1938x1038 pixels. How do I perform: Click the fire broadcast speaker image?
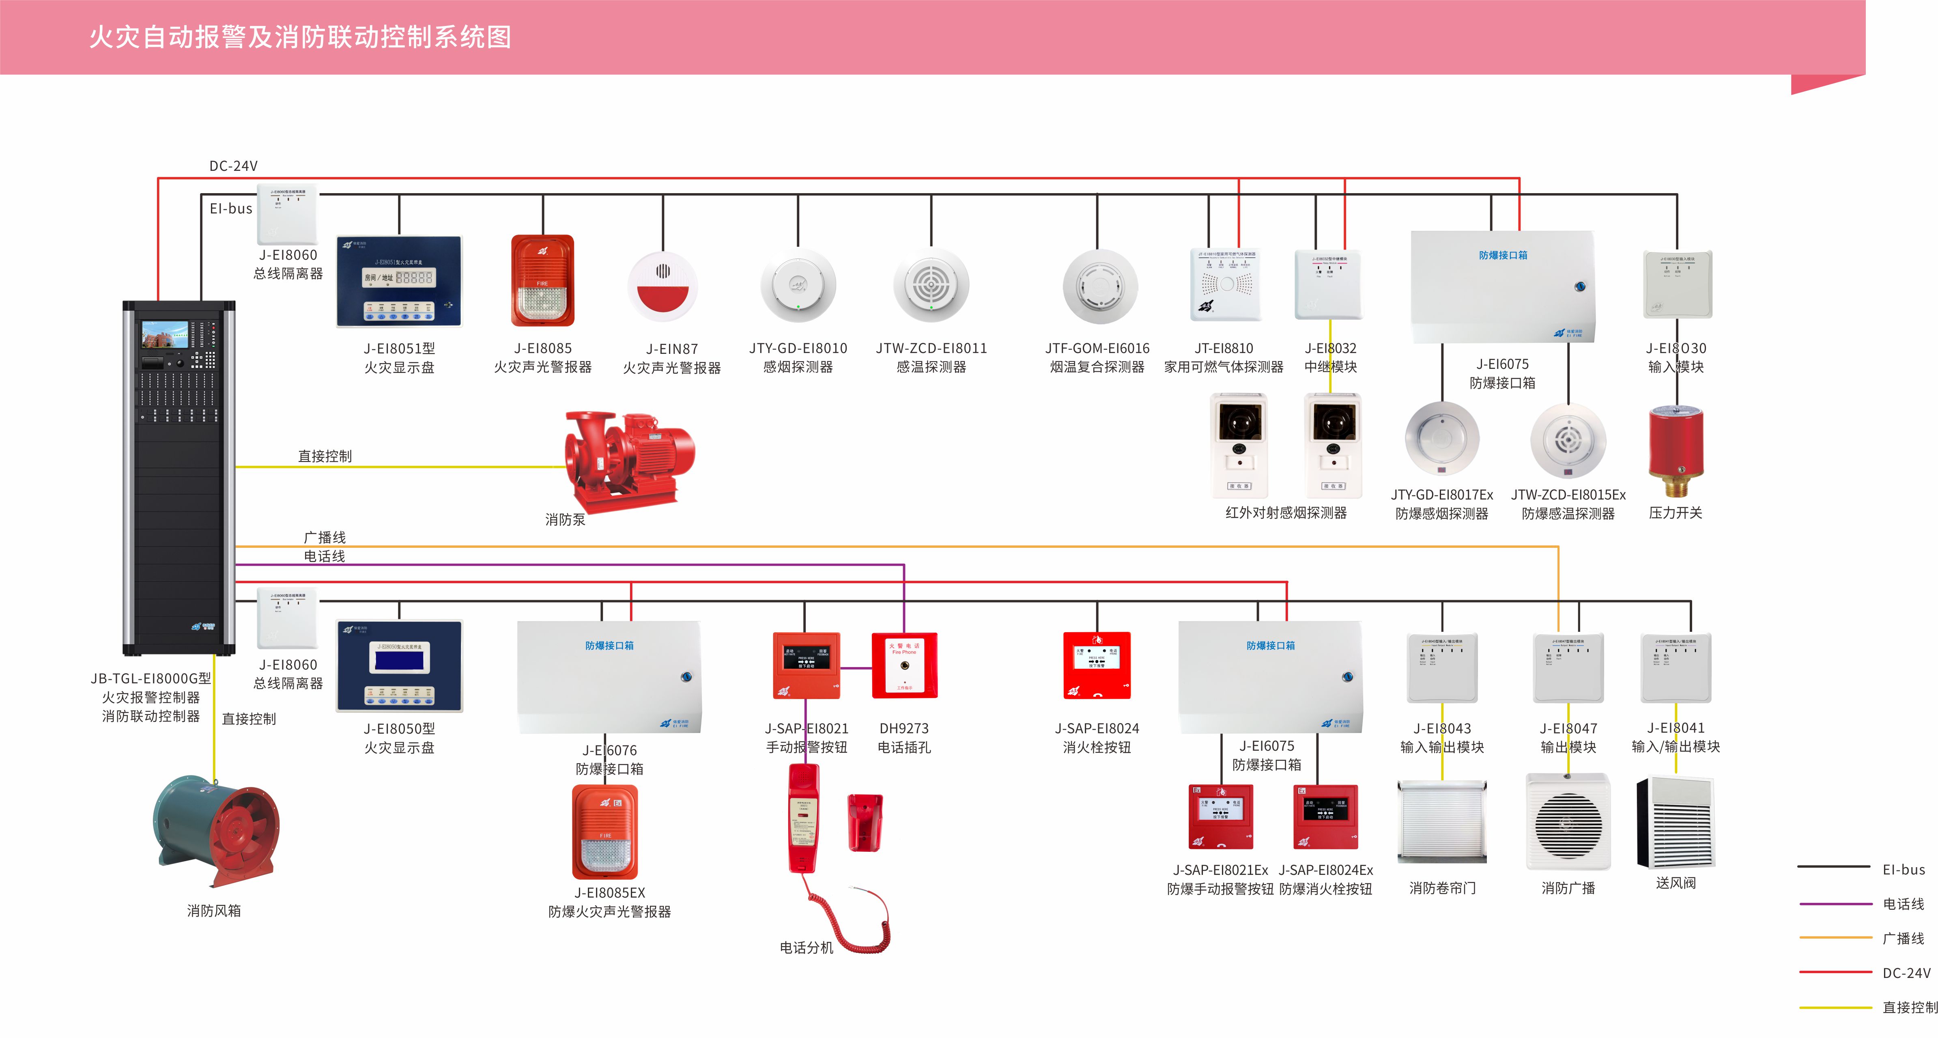click(1568, 822)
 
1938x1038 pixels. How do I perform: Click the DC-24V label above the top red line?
click(233, 166)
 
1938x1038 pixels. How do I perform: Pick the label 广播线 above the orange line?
click(324, 537)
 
